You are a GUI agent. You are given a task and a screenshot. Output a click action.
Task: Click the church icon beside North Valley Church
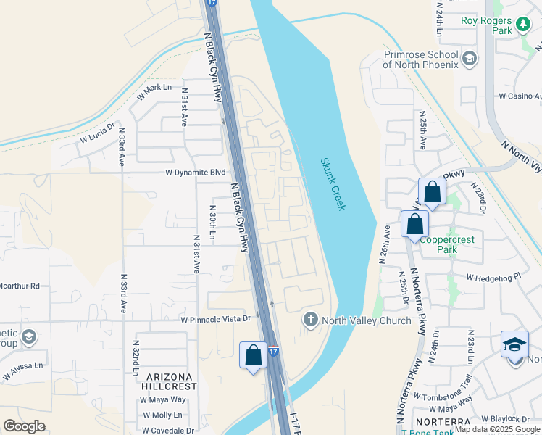[311, 320]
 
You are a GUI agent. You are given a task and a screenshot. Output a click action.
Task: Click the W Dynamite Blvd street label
[196, 173]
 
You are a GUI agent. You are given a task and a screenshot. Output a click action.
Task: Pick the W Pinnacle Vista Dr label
[215, 319]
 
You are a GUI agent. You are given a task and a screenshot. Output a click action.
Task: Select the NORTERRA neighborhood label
[441, 422]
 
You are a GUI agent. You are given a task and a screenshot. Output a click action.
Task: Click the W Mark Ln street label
[154, 91]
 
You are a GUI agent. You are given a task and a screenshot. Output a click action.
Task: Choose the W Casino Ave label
[519, 96]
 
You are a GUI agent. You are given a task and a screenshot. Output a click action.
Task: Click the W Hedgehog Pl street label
[493, 277]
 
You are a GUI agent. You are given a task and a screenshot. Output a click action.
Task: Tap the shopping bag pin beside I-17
[253, 356]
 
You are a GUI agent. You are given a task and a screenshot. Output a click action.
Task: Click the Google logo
[24, 426]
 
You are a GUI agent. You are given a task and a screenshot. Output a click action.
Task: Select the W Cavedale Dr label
[169, 430]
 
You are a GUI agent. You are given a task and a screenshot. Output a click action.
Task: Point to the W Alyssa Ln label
[22, 370]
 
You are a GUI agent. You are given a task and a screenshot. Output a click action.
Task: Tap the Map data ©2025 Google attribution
[497, 430]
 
